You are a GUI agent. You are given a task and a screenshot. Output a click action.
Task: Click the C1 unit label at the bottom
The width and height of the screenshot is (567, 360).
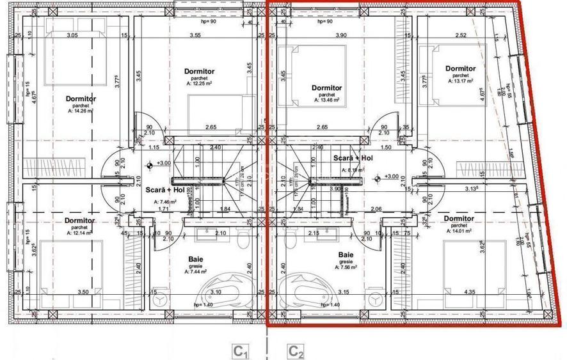240,351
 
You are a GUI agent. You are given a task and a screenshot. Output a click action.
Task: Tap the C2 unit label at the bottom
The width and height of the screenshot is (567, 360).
296,351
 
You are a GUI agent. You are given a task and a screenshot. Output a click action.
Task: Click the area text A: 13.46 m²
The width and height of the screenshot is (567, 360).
326,100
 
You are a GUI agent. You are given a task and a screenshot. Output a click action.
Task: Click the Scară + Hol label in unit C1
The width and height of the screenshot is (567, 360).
165,190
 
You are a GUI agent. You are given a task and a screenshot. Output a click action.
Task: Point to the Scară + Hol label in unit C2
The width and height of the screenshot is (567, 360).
353,158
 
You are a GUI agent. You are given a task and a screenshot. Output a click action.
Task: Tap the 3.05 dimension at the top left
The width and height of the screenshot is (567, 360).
72,36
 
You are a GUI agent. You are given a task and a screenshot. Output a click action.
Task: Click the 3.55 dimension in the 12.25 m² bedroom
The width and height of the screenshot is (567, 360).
195,36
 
